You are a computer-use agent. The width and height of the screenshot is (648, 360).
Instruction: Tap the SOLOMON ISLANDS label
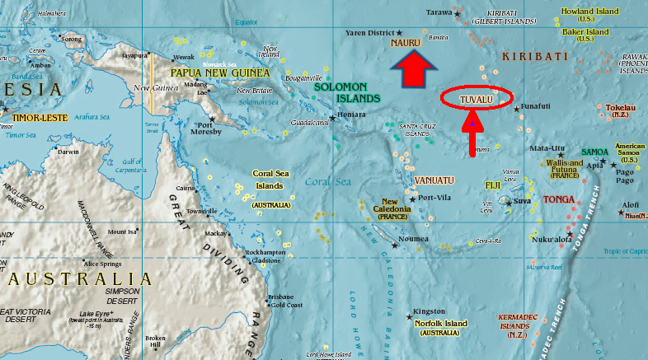tap(347, 91)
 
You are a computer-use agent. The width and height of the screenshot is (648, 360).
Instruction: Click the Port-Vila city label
tap(436, 198)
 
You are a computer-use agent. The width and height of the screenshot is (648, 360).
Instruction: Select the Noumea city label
tap(413, 239)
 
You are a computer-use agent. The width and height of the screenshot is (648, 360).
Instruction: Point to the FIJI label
tap(493, 185)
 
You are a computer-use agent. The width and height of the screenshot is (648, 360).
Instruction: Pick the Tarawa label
tap(439, 12)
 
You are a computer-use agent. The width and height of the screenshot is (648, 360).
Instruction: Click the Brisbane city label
tap(280, 297)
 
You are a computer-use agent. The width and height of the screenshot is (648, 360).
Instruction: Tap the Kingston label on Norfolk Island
tap(430, 311)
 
